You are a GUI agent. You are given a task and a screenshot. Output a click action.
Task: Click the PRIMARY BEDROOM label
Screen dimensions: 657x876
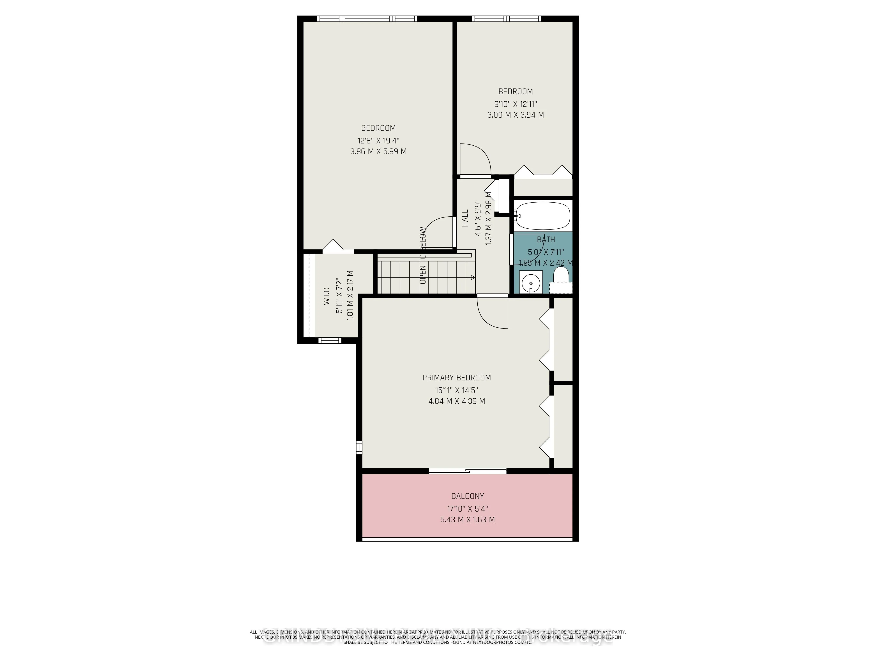coord(457,378)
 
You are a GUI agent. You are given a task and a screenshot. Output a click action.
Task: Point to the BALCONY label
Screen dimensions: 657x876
coord(467,496)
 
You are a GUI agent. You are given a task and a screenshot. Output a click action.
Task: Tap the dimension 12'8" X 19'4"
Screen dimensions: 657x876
coord(378,141)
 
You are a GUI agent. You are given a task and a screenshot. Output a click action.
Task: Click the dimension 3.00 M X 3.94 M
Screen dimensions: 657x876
coord(515,115)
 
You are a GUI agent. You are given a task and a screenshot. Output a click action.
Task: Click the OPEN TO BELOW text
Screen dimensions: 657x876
coord(423,255)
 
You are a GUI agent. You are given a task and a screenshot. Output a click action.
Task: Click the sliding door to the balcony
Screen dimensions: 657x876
coord(467,471)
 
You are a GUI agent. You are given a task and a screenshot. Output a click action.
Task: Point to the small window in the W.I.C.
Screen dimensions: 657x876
coord(330,340)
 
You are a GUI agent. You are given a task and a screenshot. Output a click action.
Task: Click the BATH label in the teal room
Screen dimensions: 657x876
coord(546,240)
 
